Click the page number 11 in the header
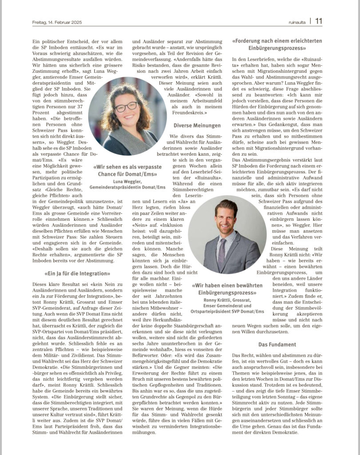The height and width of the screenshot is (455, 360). tap(319, 21)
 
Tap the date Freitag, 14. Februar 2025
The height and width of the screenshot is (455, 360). tap(58, 22)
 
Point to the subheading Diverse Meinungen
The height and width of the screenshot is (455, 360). tap(197, 126)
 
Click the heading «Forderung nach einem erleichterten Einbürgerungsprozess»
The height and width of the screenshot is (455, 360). tap(277, 44)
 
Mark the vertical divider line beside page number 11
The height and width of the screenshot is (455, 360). tap(310, 21)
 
